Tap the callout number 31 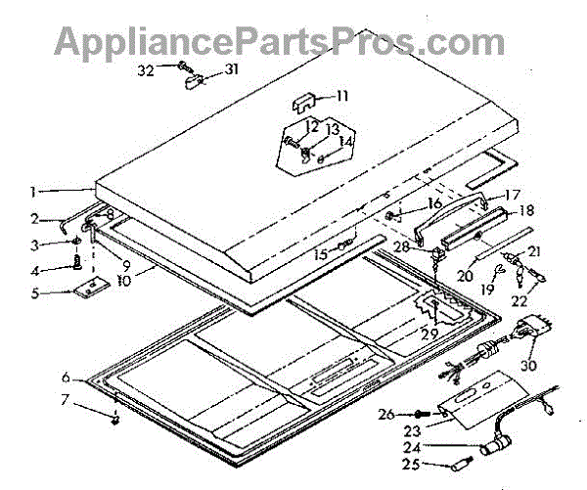pyautogui.click(x=231, y=68)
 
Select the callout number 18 pyautogui.click(x=526, y=210)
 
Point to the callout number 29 pyautogui.click(x=429, y=335)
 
